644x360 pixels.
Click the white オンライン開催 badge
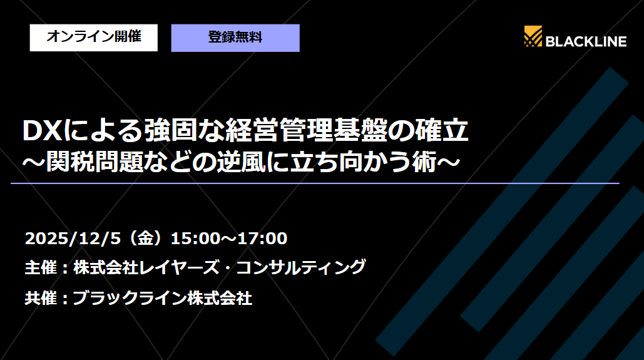[x=93, y=38]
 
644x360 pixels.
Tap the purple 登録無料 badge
[x=235, y=38]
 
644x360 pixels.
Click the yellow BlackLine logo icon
[x=533, y=38]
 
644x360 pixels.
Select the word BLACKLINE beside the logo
[x=586, y=41]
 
